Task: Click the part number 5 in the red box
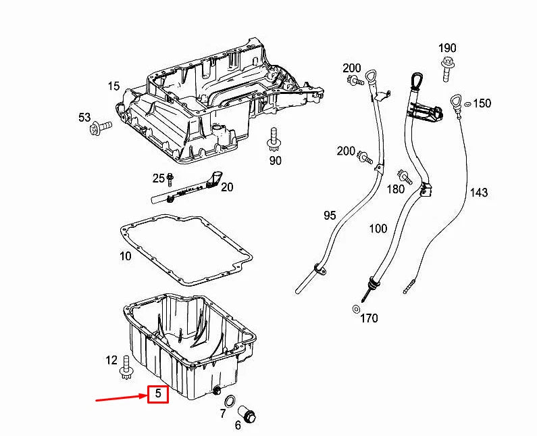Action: [157, 393]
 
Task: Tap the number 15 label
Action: [113, 86]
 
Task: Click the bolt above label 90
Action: [274, 139]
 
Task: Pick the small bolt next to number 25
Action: [170, 180]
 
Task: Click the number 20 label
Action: [226, 187]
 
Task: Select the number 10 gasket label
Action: [125, 256]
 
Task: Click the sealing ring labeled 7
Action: [230, 402]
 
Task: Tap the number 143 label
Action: [478, 193]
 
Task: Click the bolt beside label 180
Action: [406, 177]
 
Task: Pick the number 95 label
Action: [330, 216]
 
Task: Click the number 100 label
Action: [378, 228]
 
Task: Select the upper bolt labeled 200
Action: [356, 82]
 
